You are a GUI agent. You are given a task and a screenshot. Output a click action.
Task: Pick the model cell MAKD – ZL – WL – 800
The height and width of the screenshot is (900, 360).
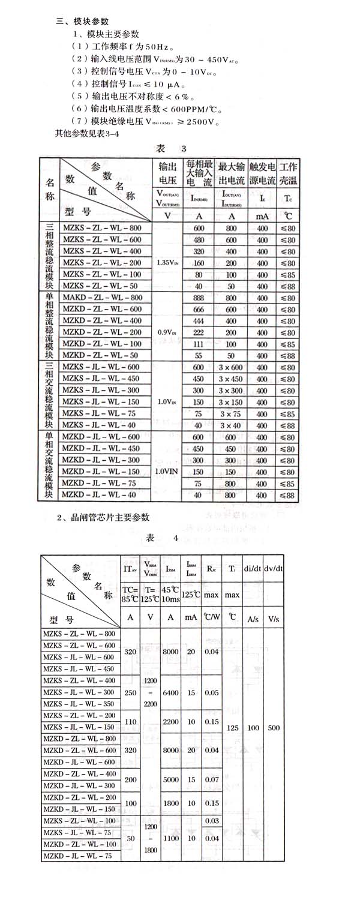click(x=102, y=297)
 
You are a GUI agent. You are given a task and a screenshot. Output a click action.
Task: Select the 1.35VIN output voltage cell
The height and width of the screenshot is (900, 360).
click(x=166, y=262)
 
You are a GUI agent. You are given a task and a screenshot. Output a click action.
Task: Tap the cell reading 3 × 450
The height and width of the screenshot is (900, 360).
click(x=230, y=379)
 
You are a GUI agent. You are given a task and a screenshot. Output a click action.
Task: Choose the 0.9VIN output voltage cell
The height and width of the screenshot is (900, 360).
click(x=166, y=332)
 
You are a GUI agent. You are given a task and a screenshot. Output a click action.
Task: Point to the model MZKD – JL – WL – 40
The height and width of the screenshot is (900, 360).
click(x=102, y=495)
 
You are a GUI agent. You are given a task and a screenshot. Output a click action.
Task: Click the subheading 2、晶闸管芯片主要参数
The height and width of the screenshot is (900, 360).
click(x=102, y=517)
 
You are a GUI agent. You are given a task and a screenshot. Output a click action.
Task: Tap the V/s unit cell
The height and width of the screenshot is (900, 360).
click(x=274, y=618)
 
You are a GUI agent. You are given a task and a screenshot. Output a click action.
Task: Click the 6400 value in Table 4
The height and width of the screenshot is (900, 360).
click(x=170, y=692)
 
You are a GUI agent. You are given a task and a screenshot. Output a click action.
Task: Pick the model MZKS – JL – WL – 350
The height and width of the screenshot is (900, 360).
click(x=79, y=704)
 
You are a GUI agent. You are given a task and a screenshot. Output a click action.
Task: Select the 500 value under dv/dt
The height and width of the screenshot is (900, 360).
click(x=274, y=727)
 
